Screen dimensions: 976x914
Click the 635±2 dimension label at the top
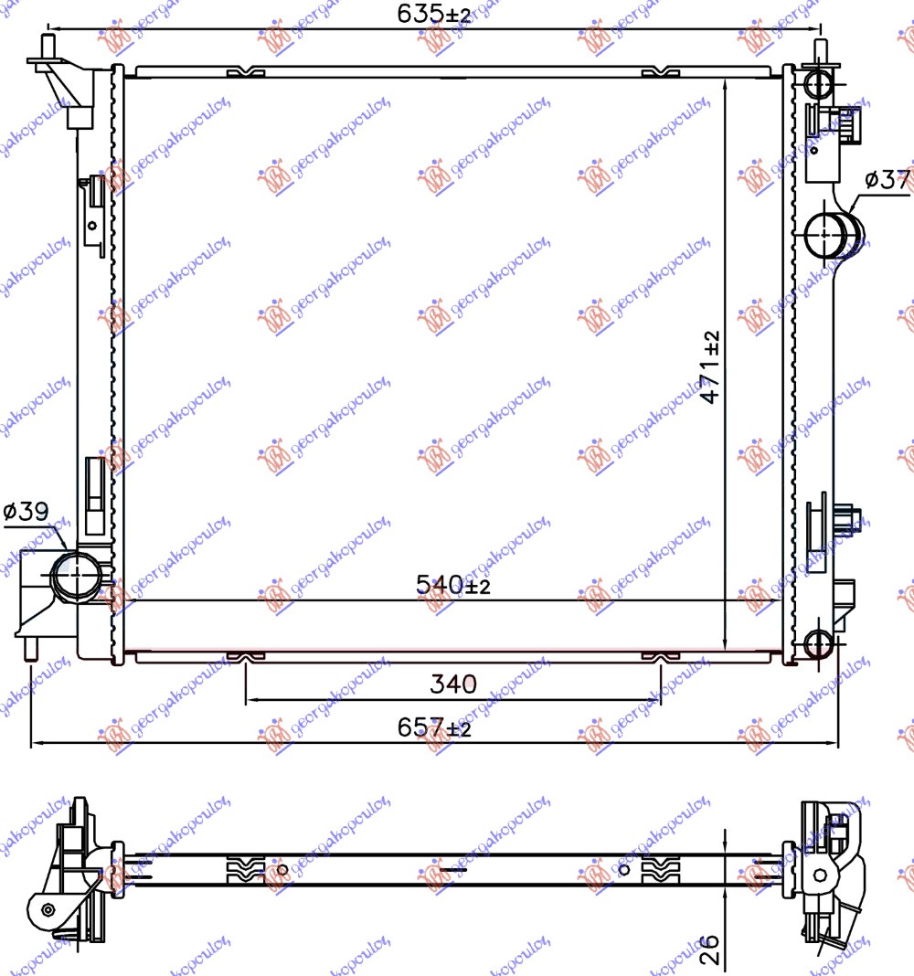(434, 14)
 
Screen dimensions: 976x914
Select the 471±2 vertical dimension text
(711, 367)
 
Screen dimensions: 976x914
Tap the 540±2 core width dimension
(452, 585)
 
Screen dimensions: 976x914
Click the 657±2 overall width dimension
(434, 727)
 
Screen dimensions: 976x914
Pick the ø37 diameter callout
(886, 180)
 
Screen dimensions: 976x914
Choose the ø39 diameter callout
(25, 513)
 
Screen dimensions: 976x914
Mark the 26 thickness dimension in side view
(710, 949)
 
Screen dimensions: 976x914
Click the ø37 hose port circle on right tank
(827, 233)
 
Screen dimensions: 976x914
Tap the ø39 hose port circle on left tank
(73, 575)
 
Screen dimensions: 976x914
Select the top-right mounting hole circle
(819, 84)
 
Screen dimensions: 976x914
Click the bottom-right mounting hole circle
(819, 643)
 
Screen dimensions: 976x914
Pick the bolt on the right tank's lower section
(849, 517)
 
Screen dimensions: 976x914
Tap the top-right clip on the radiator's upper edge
(660, 72)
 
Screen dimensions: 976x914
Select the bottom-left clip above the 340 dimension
(245, 656)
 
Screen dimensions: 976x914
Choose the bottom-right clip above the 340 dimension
(660, 656)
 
